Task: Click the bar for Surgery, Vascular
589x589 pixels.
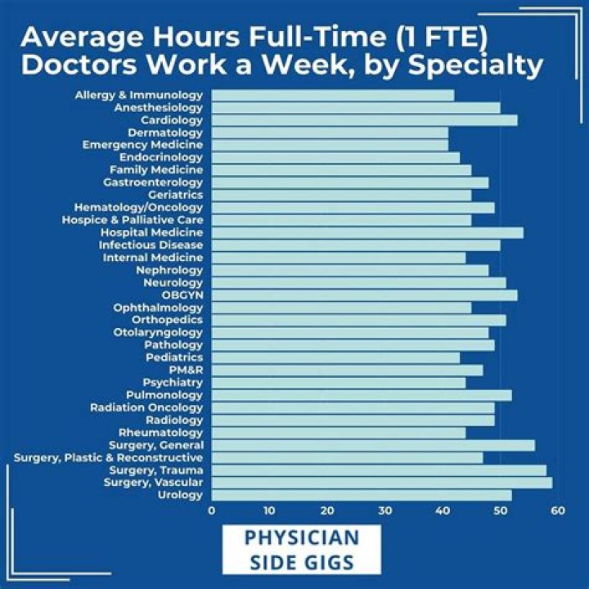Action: (382, 483)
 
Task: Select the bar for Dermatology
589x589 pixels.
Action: (330, 133)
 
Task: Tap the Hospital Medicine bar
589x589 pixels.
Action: (368, 233)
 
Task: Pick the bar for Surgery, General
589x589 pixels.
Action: (373, 446)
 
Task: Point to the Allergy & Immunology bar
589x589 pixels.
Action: (333, 96)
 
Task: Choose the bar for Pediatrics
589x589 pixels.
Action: (336, 358)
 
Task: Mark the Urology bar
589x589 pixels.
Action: (362, 495)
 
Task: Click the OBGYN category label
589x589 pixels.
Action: (182, 295)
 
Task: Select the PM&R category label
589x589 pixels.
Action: (186, 370)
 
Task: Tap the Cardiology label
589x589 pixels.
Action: (172, 120)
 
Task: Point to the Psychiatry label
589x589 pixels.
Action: (173, 383)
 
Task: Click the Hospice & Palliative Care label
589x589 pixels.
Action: (133, 220)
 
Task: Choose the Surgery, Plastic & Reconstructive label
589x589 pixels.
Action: (109, 458)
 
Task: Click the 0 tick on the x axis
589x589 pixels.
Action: (212, 510)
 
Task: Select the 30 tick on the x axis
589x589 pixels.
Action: (385, 510)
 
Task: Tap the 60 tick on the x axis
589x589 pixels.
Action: (558, 510)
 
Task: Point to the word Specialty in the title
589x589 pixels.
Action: (475, 65)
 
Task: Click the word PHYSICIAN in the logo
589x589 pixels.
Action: (302, 537)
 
